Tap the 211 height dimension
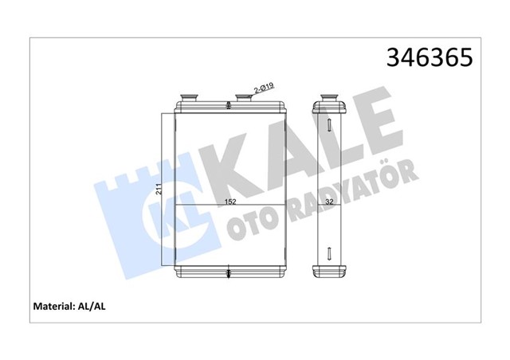(x=159, y=189)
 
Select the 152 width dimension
(x=229, y=201)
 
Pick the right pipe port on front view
(x=244, y=99)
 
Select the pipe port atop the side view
(x=328, y=99)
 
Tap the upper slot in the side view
(x=328, y=125)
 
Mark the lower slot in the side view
(x=328, y=257)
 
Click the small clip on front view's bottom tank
(x=229, y=274)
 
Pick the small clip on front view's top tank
(x=229, y=108)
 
